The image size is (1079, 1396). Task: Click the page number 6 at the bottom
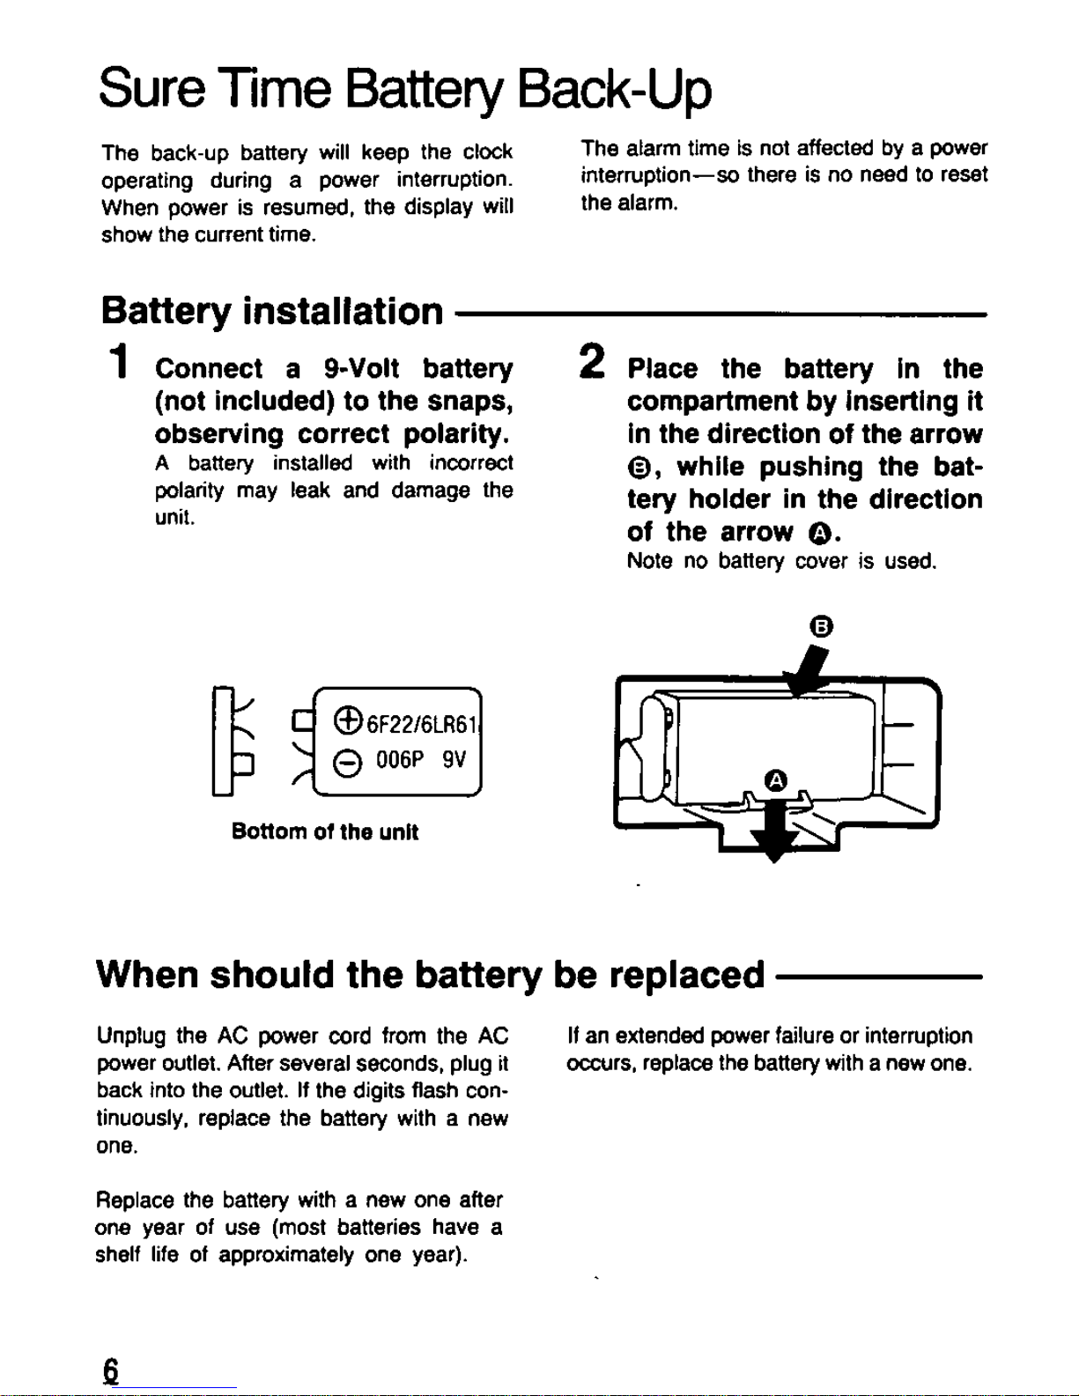pos(110,1371)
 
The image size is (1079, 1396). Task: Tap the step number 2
pos(593,362)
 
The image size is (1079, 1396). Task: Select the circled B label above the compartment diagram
pos(821,626)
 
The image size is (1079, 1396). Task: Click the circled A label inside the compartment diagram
pos(775,780)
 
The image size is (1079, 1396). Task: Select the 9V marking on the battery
pos(455,760)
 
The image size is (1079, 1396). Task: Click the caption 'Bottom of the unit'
pos(324,832)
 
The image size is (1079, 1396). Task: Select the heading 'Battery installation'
pos(272,311)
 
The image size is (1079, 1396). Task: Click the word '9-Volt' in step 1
pos(361,368)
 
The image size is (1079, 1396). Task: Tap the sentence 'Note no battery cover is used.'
pos(781,561)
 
